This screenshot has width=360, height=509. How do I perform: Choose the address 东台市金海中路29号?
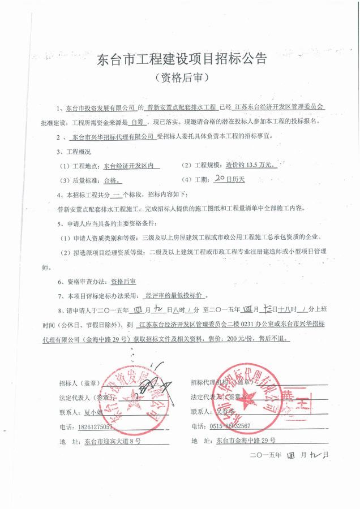[x=246, y=440]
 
